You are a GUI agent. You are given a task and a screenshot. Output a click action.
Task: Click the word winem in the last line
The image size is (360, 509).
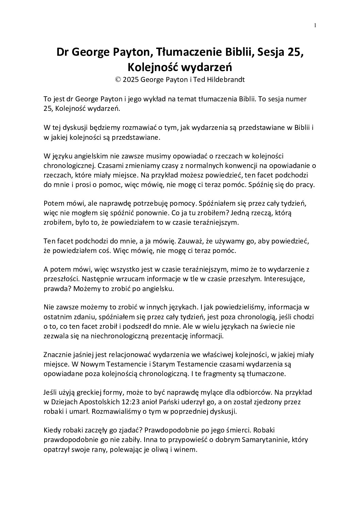point(187,449)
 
